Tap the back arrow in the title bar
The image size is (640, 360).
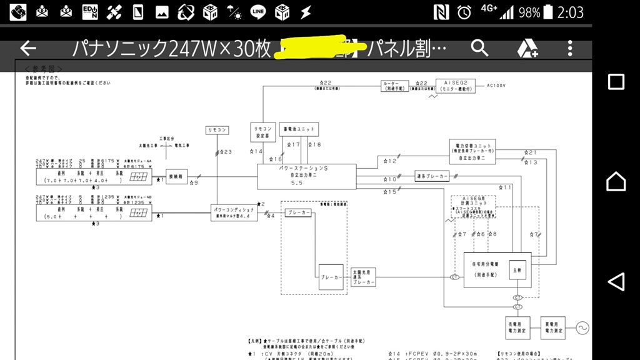[x=28, y=49]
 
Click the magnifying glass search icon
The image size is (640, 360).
[x=479, y=48]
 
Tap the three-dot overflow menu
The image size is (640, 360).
[x=570, y=48]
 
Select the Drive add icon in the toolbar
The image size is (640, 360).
[x=527, y=49]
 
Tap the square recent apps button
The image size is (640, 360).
[x=616, y=82]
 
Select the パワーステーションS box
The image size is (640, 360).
[x=306, y=177]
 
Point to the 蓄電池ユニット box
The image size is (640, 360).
[x=299, y=129]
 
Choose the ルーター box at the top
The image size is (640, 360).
[x=395, y=86]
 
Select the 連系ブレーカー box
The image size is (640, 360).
[x=432, y=177]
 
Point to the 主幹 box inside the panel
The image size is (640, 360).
[x=517, y=270]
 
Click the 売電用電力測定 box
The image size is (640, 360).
[x=517, y=326]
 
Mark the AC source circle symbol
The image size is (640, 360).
[x=582, y=326]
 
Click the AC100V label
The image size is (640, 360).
[x=496, y=85]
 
